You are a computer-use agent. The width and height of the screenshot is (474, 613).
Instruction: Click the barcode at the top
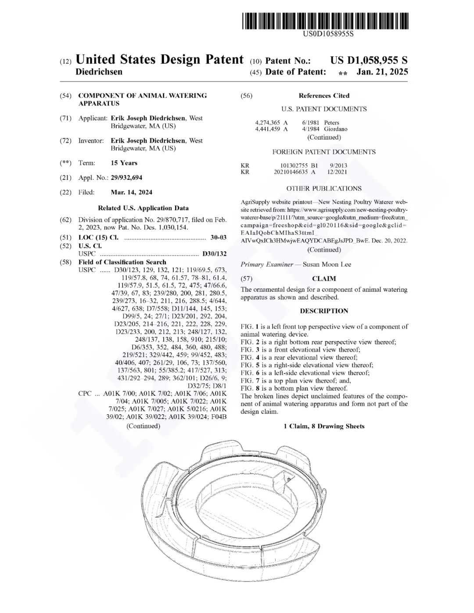coord(325,21)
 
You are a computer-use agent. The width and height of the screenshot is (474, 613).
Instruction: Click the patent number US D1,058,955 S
coord(369,61)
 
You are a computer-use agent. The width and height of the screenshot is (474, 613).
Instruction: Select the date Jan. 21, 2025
coord(382,72)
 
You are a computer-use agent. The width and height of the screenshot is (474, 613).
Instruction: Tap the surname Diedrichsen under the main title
coord(99,72)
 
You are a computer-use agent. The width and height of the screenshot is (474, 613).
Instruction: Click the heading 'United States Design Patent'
coord(159,60)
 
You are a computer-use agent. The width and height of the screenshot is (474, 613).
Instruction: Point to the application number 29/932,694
coord(126,178)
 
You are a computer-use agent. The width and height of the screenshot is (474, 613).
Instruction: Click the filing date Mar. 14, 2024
coord(132,192)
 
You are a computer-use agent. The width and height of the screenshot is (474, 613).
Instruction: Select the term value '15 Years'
coord(124,163)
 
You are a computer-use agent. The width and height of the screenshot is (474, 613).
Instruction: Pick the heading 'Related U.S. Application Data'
coord(143,208)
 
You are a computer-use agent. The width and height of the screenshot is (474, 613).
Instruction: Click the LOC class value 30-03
coord(218,237)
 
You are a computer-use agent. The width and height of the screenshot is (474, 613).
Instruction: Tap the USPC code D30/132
coord(214,254)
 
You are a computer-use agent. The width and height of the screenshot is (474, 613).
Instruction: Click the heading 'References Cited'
coord(324,96)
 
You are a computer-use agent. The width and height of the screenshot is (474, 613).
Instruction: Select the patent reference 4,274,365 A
coord(271,122)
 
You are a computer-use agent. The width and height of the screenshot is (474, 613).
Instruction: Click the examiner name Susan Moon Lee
coord(327,264)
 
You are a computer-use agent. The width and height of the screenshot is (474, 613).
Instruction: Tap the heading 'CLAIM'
coord(324,279)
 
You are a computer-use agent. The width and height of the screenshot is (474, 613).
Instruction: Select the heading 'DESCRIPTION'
coord(324,311)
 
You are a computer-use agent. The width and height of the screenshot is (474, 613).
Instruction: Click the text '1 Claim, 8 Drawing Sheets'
coord(324,426)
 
